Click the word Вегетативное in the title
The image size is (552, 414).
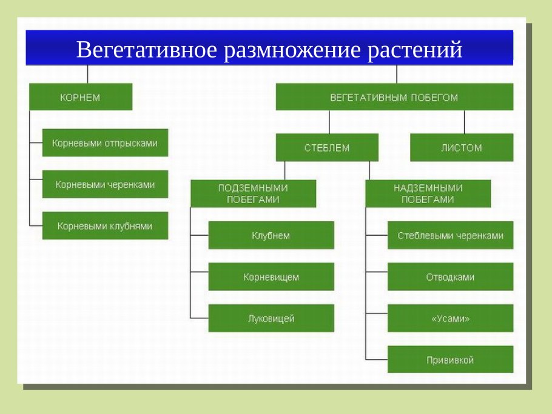(x=146, y=50)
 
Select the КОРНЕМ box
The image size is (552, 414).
(x=81, y=97)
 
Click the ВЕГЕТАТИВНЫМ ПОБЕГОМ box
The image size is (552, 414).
(x=394, y=97)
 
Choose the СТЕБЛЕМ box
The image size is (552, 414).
(x=327, y=147)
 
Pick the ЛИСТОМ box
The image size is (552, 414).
(x=462, y=147)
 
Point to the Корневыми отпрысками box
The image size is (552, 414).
(x=105, y=143)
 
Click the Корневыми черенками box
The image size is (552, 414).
(x=105, y=184)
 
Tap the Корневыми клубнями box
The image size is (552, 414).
(x=105, y=225)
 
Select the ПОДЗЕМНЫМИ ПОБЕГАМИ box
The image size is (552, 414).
(x=253, y=194)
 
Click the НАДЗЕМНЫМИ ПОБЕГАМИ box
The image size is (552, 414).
(x=428, y=194)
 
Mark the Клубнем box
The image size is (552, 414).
(x=271, y=235)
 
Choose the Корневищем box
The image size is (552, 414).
(x=271, y=277)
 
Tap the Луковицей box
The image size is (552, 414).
(x=271, y=318)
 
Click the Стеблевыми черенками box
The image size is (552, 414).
(x=450, y=235)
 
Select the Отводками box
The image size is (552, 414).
(x=450, y=277)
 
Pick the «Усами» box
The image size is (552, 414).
(x=450, y=318)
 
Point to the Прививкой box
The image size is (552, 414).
(x=450, y=359)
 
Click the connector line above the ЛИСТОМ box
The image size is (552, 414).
(x=465, y=122)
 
